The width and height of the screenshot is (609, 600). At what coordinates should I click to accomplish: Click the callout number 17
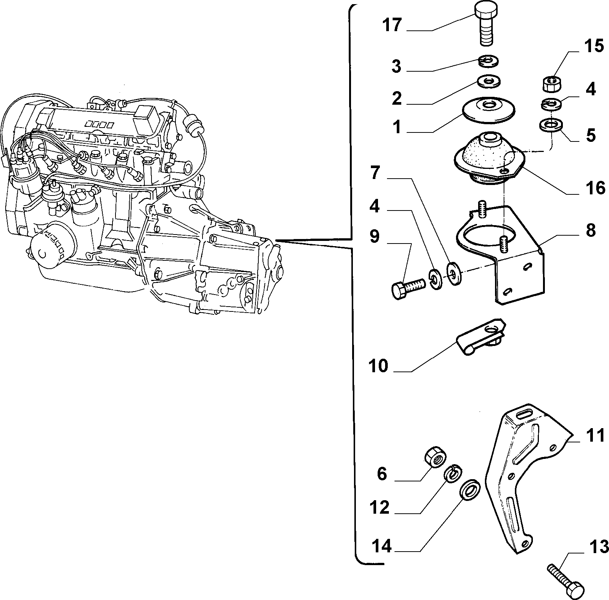point(392,25)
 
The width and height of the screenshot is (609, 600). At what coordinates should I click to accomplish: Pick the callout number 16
point(595,187)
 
